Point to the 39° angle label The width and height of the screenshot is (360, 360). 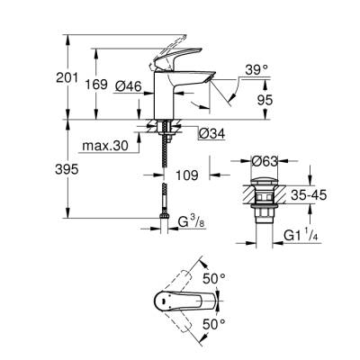tap(256, 69)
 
